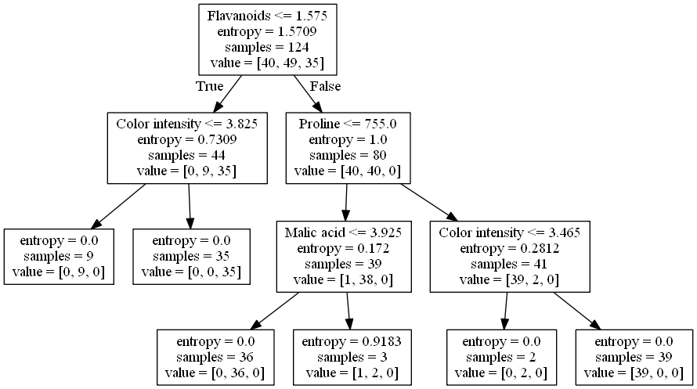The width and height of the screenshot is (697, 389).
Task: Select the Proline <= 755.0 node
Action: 347,147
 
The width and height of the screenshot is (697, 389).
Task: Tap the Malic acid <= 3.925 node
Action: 344,256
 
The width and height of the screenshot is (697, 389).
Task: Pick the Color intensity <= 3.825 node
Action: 186,147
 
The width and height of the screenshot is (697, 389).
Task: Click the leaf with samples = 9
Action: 60,256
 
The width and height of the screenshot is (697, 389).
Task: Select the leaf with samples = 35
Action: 191,256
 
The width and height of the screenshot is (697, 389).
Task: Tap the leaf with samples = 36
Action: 216,357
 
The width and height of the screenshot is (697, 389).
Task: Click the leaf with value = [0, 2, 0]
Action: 502,357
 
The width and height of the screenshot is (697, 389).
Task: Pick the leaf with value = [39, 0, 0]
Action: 634,357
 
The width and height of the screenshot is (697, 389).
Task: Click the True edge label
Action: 210,86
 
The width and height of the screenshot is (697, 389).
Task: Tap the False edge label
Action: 325,86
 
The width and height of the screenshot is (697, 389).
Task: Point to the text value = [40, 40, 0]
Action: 348,171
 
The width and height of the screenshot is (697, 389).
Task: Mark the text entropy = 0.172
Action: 344,249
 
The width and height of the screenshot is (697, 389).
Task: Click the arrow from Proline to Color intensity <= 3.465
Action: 430,202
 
